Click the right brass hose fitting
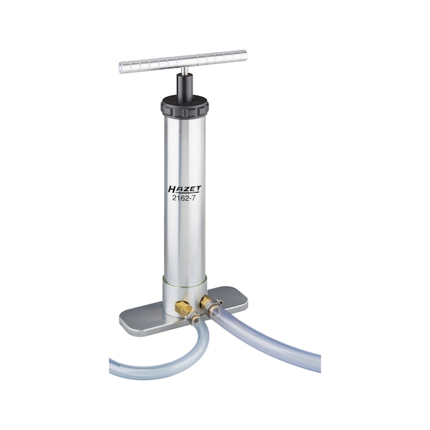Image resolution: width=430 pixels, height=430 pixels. click(x=206, y=302)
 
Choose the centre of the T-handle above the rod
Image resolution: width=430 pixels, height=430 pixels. click(x=182, y=61)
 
